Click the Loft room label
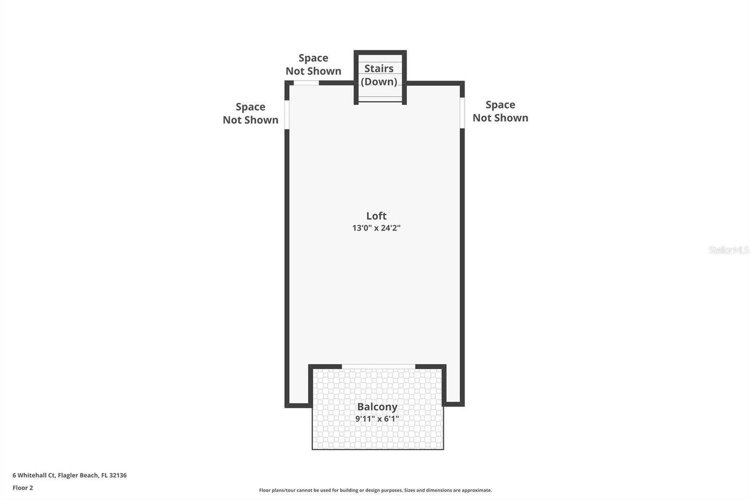[x=376, y=216]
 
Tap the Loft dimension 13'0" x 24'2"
[x=376, y=228]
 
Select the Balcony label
[x=377, y=407]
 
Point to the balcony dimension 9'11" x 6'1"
[x=377, y=418]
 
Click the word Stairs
[x=379, y=68]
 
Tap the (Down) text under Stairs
[x=379, y=82]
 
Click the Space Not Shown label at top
[x=313, y=64]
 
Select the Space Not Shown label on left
[x=250, y=113]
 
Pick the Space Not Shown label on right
[x=500, y=111]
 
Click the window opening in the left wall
[x=287, y=114]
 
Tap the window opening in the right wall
[x=462, y=113]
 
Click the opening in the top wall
[x=306, y=83]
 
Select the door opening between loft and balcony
[x=378, y=366]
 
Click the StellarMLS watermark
[x=728, y=250]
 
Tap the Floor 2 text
[x=23, y=488]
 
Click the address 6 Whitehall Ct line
[x=69, y=475]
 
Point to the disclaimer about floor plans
[x=375, y=490]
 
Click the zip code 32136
[x=118, y=475]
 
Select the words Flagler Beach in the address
[x=78, y=475]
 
